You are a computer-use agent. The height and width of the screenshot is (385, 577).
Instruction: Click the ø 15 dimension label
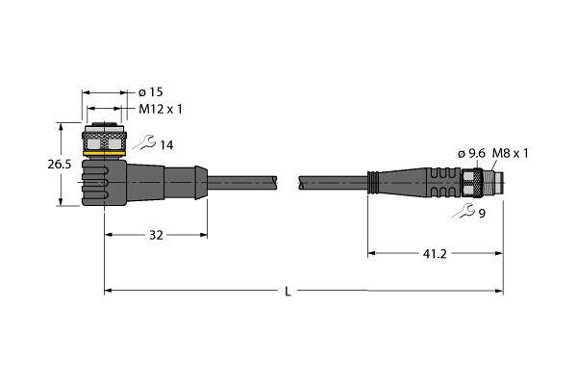151,92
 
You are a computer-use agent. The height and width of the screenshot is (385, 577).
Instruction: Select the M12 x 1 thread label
161,109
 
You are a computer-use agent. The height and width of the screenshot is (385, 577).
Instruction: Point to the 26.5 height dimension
60,165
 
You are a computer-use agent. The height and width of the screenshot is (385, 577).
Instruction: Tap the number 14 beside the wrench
166,145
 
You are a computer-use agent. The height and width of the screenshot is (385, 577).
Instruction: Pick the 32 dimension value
156,235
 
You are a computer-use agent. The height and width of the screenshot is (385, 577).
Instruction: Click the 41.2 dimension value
435,253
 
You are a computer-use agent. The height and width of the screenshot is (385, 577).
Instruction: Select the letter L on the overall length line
288,292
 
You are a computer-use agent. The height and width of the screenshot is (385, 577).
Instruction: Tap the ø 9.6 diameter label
471,154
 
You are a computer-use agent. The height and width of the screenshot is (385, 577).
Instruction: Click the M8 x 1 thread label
511,153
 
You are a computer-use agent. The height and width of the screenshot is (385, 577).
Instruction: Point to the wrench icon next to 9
464,211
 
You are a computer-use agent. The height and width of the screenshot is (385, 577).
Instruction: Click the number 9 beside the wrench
482,214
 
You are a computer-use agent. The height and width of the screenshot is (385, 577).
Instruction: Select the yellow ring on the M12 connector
105,153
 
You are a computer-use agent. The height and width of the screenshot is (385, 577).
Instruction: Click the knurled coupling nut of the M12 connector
105,141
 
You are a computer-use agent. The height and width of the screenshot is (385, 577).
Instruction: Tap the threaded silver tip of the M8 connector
493,183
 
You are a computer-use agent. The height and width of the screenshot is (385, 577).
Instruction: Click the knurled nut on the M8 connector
472,183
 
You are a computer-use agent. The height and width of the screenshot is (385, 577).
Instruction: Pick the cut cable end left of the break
274,183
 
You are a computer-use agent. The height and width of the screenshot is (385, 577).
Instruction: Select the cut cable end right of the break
302,183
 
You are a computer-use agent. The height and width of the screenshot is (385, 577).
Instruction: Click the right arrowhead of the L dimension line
499,291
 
